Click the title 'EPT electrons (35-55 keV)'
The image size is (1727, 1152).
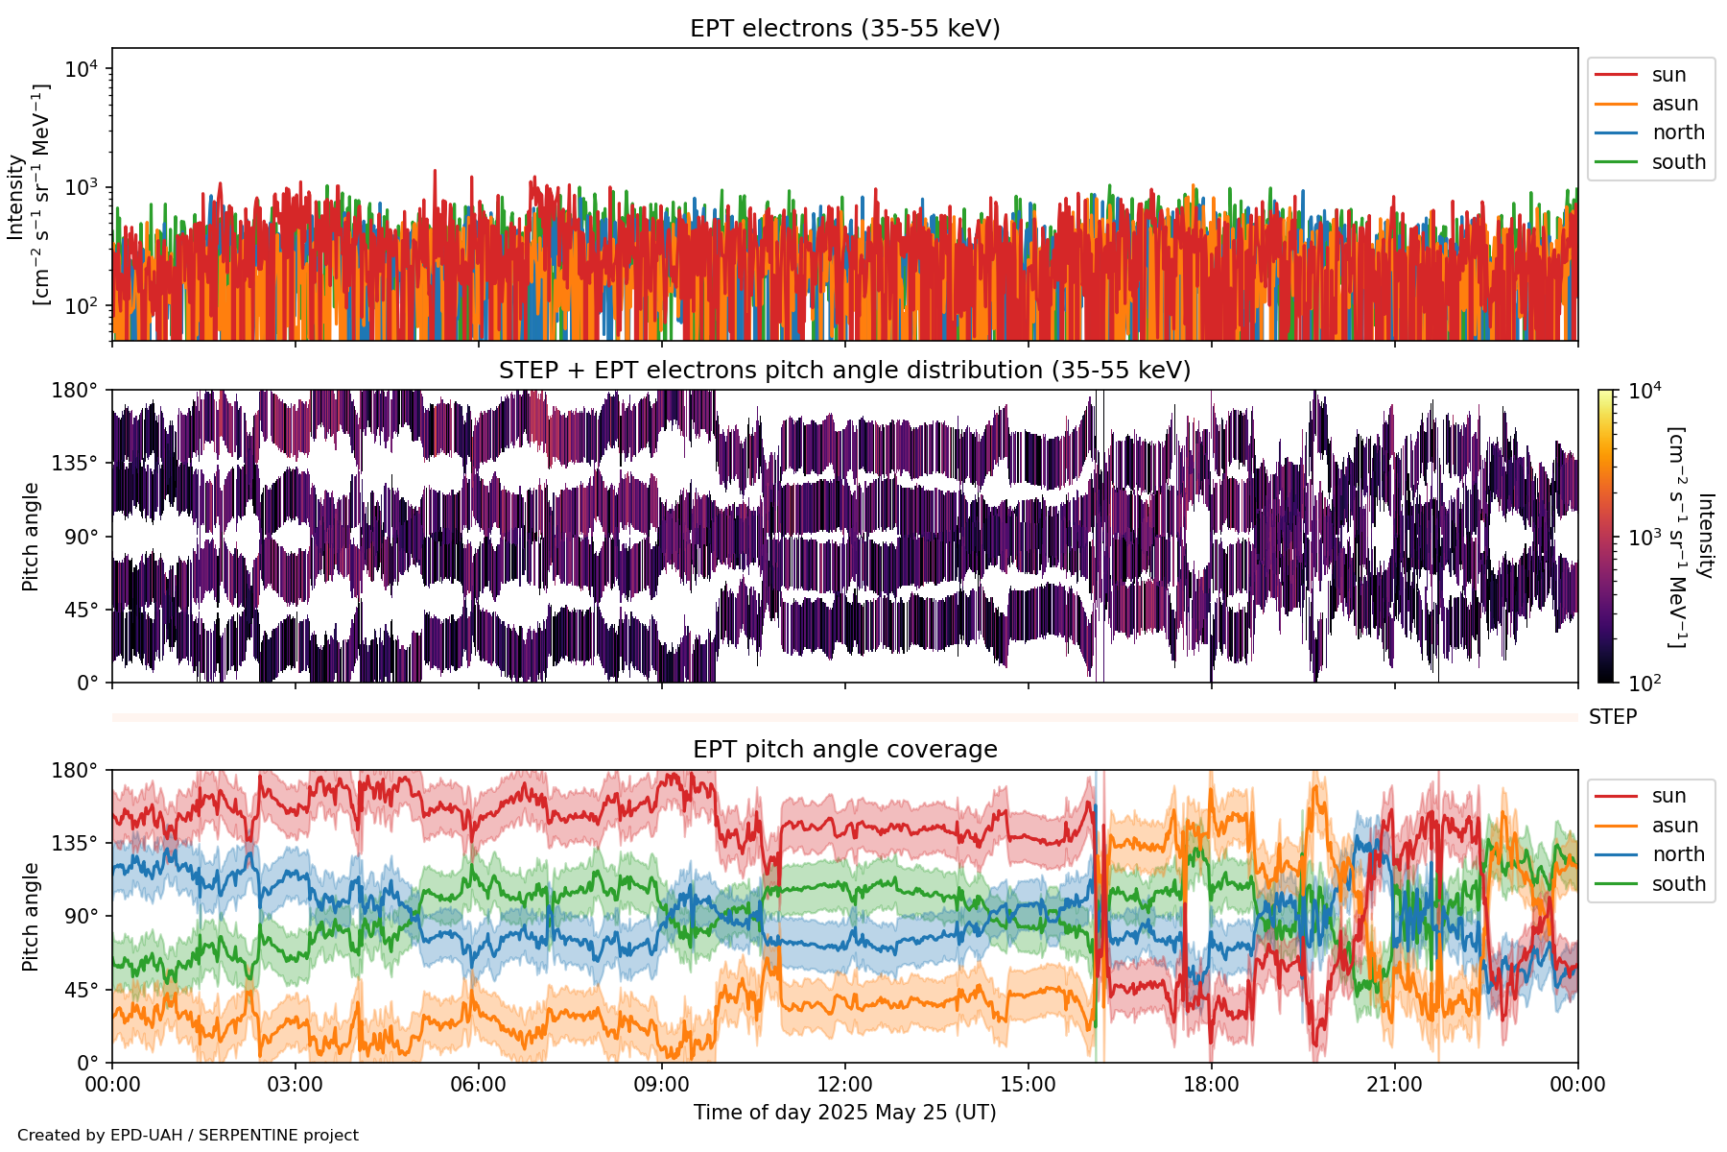pyautogui.click(x=844, y=29)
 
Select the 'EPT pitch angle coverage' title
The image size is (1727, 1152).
pyautogui.click(x=844, y=750)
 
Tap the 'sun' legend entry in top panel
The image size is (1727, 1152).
pyautogui.click(x=1668, y=75)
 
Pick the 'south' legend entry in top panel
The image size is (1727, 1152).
pyautogui.click(x=1678, y=162)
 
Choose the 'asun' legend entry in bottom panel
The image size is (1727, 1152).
pyautogui.click(x=1674, y=826)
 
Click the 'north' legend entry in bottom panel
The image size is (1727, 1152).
pyautogui.click(x=1678, y=854)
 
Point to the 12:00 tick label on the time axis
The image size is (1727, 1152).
pyautogui.click(x=844, y=1085)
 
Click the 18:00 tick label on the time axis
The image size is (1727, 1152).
pyautogui.click(x=1211, y=1085)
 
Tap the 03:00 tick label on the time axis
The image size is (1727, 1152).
pyautogui.click(x=295, y=1085)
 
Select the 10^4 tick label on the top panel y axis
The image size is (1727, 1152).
pyautogui.click(x=82, y=69)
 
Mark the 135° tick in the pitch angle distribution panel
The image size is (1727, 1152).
pyautogui.click(x=75, y=464)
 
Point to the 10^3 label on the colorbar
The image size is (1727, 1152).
pyautogui.click(x=1644, y=538)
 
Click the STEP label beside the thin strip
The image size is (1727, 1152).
pyautogui.click(x=1612, y=717)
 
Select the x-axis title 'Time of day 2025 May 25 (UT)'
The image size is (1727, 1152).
pyautogui.click(x=844, y=1113)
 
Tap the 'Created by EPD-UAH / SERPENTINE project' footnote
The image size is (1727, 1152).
pyautogui.click(x=188, y=1136)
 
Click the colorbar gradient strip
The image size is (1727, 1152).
pyautogui.click(x=1605, y=536)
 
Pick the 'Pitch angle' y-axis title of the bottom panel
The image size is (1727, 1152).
pyautogui.click(x=31, y=917)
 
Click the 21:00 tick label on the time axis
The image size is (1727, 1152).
pyautogui.click(x=1394, y=1085)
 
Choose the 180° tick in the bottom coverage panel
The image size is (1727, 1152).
pyautogui.click(x=75, y=771)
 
